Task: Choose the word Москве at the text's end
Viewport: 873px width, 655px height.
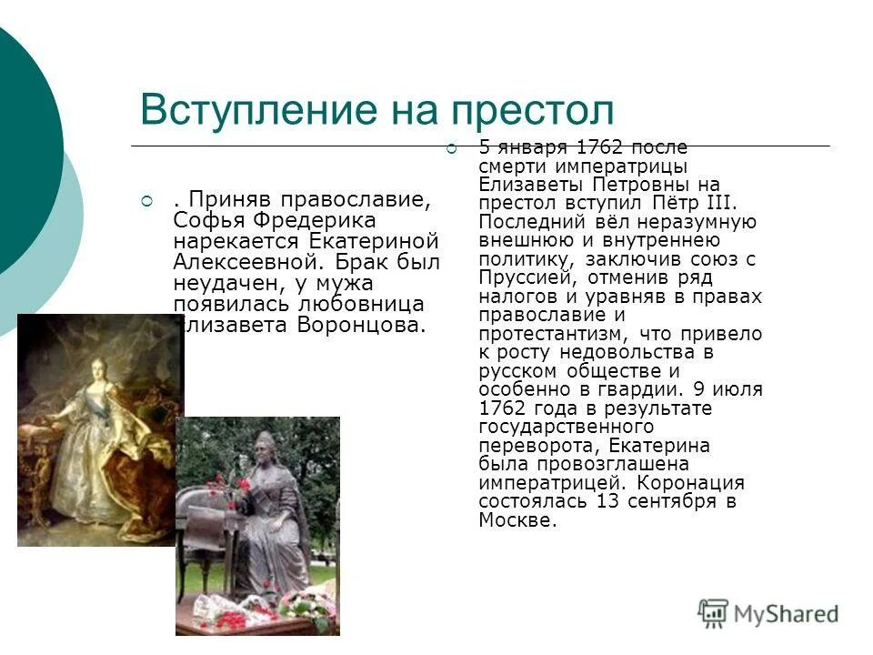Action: (515, 519)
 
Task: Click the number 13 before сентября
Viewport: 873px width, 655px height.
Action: (608, 501)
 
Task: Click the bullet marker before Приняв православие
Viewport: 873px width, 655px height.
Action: (145, 199)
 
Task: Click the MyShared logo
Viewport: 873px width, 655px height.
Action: (768, 614)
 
